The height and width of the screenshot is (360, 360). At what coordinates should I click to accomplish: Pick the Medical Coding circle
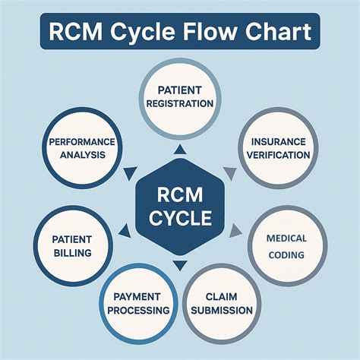[286, 245]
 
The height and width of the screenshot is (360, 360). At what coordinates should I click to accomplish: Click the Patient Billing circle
[73, 245]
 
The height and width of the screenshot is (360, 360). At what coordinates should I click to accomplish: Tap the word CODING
[286, 254]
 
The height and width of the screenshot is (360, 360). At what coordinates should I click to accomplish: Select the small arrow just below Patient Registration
[179, 150]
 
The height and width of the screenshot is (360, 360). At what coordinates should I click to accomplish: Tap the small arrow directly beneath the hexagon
[179, 266]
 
